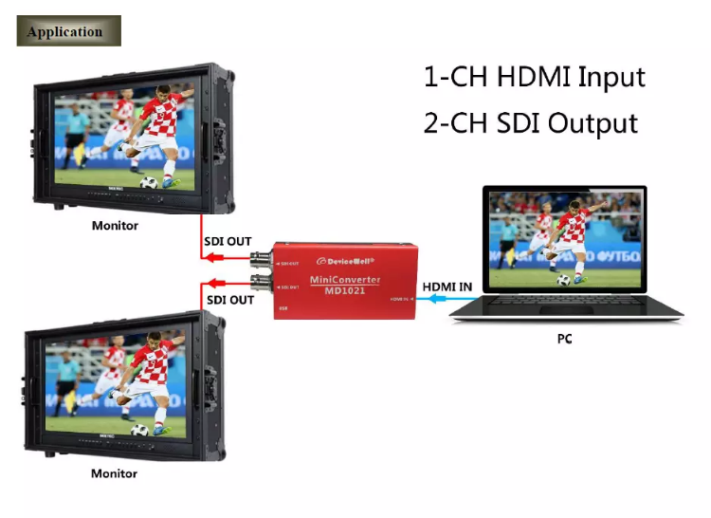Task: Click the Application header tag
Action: pos(68,31)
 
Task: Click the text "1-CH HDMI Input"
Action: pos(534,76)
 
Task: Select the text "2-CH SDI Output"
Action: pos(530,123)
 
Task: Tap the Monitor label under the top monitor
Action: pos(115,226)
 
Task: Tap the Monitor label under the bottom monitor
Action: pos(114,473)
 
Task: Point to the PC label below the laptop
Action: pos(565,339)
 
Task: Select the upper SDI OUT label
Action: pos(228,242)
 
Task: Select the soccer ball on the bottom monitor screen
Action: pos(140,430)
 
